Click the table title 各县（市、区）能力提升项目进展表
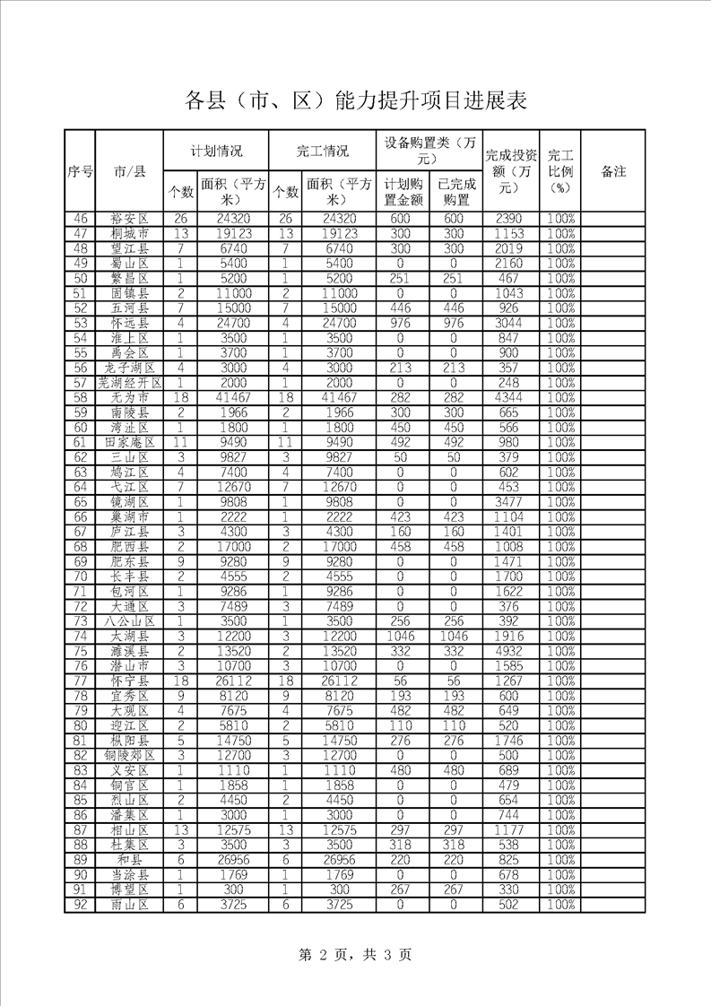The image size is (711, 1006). pos(355,100)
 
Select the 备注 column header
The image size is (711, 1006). pos(613,170)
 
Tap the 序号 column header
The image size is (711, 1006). pos(80,170)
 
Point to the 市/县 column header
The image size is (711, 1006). pos(129,170)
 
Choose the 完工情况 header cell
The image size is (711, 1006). pos(322,151)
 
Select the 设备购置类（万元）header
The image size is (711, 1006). pos(429,151)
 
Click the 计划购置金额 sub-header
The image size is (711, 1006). pos(403,191)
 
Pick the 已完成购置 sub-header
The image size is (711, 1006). pos(455,191)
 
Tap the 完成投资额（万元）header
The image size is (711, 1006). pos(510,170)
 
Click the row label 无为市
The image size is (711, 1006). pos(129,397)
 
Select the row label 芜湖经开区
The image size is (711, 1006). pos(129,383)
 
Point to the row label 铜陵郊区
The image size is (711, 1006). pos(129,755)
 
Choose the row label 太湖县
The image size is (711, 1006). pos(129,636)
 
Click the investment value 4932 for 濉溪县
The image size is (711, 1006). pos(510,651)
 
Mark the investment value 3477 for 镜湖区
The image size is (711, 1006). pos(510,502)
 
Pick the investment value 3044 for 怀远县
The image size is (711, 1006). pos(510,323)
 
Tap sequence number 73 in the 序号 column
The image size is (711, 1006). pos(80,621)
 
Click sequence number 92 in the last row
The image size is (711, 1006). pos(80,905)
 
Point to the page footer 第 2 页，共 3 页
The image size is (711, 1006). pos(355,954)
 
